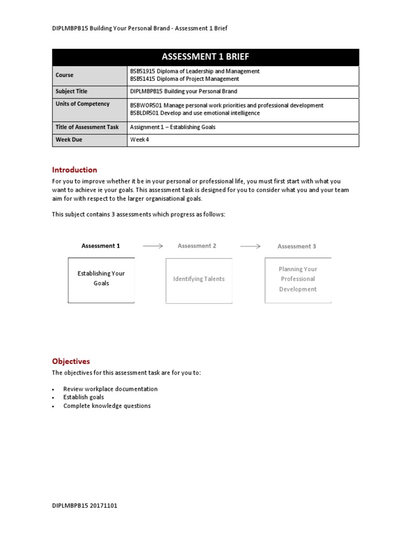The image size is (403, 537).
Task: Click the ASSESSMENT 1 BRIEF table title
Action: pyautogui.click(x=205, y=57)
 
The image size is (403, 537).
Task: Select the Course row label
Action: pyautogui.click(x=65, y=75)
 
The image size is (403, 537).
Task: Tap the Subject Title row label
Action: pyautogui.click(x=71, y=91)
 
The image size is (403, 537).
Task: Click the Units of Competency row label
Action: pyautogui.click(x=82, y=104)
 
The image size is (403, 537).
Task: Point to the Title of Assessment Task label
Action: pyautogui.click(x=87, y=127)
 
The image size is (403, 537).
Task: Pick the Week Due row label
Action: pyautogui.click(x=69, y=140)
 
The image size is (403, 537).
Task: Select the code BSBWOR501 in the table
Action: pyautogui.click(x=146, y=105)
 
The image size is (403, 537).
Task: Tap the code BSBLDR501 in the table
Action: pyautogui.click(x=145, y=113)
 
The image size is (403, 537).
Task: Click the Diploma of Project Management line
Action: pyautogui.click(x=184, y=79)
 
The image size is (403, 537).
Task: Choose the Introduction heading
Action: pyautogui.click(x=75, y=170)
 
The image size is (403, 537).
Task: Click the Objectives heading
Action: pyautogui.click(x=71, y=361)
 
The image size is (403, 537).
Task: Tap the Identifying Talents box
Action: pyautogui.click(x=199, y=280)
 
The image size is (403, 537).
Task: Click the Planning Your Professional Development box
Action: pyautogui.click(x=298, y=280)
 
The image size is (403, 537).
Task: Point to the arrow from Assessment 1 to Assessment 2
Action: pyautogui.click(x=153, y=245)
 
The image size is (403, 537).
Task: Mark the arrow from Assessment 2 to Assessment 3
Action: pyautogui.click(x=250, y=245)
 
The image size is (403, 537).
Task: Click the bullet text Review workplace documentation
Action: pyautogui.click(x=110, y=389)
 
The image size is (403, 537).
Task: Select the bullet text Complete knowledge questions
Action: pyautogui.click(x=107, y=406)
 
